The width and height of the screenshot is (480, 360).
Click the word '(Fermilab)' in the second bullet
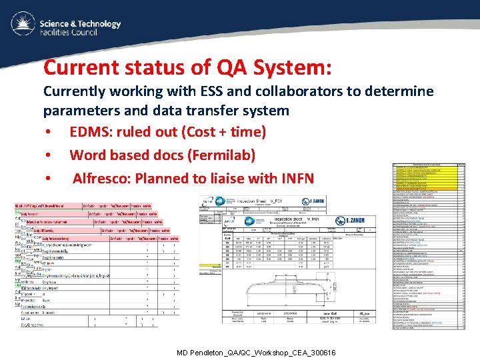[223, 155]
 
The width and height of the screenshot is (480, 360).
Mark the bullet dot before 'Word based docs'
[49, 156]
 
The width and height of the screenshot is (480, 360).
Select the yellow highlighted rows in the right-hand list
[427, 177]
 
